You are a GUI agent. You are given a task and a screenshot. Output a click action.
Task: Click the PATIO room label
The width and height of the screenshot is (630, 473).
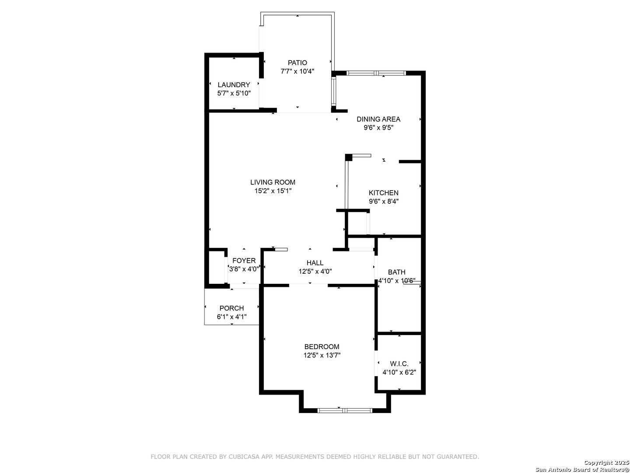point(297,63)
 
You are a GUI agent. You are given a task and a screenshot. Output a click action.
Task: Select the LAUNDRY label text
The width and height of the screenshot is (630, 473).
point(234,85)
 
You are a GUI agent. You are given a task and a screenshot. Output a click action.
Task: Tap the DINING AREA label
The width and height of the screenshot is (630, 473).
point(378,119)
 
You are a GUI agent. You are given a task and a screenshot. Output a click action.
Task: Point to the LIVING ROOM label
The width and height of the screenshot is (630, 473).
point(273,182)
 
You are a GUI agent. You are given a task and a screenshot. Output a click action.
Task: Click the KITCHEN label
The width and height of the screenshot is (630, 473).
point(383,193)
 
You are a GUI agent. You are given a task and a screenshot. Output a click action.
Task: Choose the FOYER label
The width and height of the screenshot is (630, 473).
point(244,261)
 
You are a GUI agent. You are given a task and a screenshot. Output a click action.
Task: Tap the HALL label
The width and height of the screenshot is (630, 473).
point(315,263)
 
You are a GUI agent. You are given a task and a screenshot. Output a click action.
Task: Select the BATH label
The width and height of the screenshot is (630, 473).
point(396,272)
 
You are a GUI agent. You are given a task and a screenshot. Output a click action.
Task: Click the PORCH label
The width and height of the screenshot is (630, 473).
point(231,308)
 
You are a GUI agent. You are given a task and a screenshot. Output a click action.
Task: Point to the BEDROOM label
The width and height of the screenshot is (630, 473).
point(322,347)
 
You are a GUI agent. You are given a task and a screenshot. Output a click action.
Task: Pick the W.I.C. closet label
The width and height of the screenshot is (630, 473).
point(399,364)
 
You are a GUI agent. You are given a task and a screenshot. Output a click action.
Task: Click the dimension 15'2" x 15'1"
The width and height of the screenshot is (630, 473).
point(273,191)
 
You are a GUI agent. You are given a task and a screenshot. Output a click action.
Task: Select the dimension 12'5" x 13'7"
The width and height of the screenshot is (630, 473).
point(322,356)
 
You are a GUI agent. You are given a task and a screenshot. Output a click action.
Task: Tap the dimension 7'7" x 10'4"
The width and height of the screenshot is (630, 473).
point(297,71)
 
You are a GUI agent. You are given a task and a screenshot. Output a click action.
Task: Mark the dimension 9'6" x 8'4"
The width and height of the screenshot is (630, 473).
point(383,201)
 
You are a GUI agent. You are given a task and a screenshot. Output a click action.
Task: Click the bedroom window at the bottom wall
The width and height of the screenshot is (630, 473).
point(344,410)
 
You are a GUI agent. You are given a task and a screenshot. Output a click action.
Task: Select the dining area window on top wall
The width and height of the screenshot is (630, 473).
point(376,73)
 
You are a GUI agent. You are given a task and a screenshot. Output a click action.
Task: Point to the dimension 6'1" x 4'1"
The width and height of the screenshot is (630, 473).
point(231,317)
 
